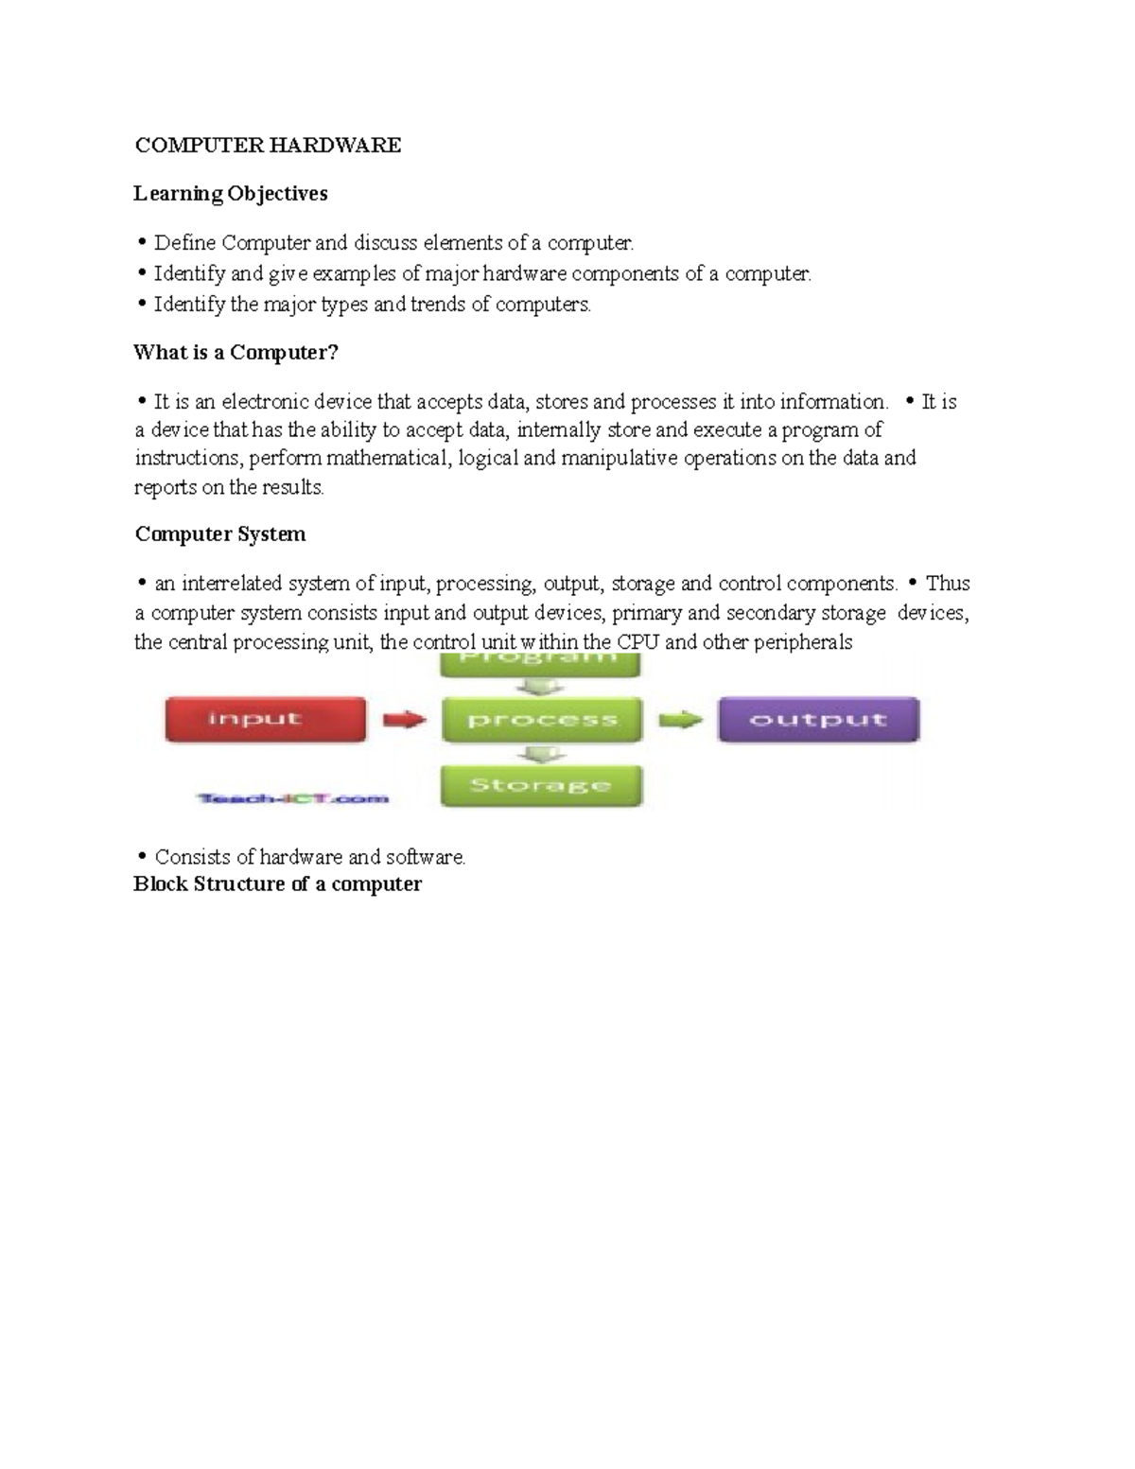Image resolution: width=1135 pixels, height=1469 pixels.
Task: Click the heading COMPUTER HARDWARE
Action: [x=268, y=145]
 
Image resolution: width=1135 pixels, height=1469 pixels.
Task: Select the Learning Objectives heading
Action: [x=231, y=194]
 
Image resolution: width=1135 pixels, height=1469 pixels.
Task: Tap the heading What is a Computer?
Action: [x=236, y=353]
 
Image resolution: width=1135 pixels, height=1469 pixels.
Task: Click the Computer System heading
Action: [x=220, y=534]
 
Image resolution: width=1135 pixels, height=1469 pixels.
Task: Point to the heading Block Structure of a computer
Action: [x=278, y=884]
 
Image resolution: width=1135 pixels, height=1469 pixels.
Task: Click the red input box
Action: [x=266, y=719]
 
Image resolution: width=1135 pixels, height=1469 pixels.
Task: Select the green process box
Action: [x=541, y=720]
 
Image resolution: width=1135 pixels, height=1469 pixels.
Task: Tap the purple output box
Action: [x=818, y=720]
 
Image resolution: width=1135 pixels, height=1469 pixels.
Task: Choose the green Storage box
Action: [x=541, y=785]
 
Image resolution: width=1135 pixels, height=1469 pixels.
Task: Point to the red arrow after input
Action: [x=405, y=720]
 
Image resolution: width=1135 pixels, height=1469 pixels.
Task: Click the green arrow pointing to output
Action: [x=680, y=720]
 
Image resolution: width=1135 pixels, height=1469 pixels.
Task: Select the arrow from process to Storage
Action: [x=541, y=753]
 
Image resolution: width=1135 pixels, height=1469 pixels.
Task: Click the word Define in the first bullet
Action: [x=185, y=243]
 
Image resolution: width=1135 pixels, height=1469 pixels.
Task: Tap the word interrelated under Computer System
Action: [x=232, y=584]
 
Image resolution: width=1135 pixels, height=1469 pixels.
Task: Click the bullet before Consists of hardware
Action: [x=142, y=857]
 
